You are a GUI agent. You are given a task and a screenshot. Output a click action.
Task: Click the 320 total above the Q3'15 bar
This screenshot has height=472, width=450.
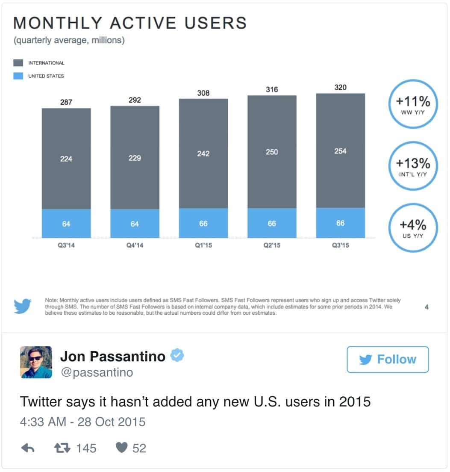[340, 88]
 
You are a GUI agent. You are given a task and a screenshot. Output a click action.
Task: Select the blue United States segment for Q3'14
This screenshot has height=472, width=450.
[66, 223]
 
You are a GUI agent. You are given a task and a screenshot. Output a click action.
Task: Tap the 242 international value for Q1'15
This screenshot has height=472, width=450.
[203, 153]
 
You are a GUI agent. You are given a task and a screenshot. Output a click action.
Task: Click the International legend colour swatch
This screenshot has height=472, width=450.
[18, 63]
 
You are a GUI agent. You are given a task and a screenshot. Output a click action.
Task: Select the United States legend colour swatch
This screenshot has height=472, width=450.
[18, 76]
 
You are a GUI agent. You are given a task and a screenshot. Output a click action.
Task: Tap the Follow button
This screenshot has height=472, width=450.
[388, 360]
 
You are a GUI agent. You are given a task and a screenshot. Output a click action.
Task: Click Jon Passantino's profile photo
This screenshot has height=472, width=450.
[36, 362]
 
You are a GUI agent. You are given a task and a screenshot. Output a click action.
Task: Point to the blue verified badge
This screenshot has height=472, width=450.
[177, 355]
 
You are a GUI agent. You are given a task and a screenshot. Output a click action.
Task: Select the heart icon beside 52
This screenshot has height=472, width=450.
[122, 448]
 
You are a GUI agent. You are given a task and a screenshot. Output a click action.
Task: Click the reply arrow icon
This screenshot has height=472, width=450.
[28, 448]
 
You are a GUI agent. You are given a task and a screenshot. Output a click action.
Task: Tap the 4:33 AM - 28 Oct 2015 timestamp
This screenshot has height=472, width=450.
[82, 422]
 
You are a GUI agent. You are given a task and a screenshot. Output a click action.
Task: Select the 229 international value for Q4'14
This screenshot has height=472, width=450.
[135, 158]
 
